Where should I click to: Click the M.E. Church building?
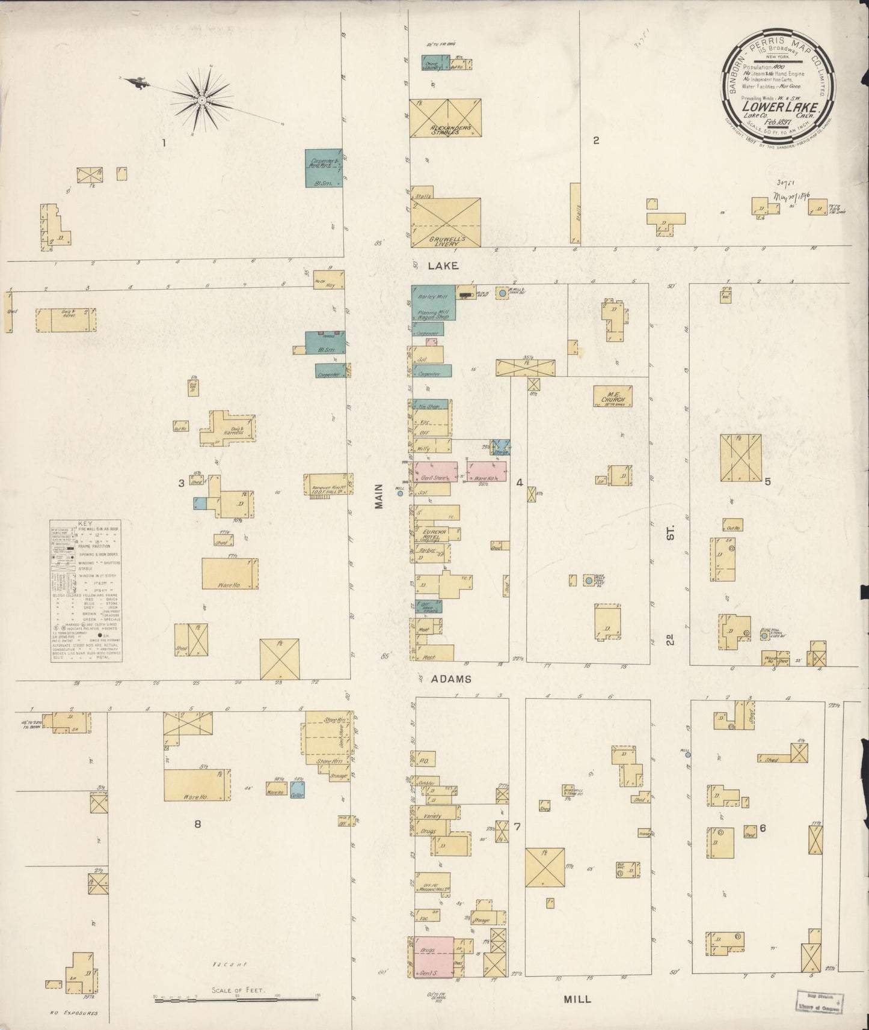click(x=613, y=397)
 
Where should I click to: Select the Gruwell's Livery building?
click(x=446, y=222)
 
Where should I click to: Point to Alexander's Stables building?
click(x=446, y=118)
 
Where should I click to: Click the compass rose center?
click(x=202, y=100)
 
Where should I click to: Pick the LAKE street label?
click(x=444, y=265)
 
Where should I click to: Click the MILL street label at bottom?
click(x=577, y=999)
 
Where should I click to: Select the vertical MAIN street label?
click(x=379, y=496)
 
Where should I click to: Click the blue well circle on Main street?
click(x=400, y=493)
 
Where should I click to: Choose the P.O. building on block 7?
click(x=423, y=761)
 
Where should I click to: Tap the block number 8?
click(x=197, y=824)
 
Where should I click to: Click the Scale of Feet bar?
click(x=236, y=999)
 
